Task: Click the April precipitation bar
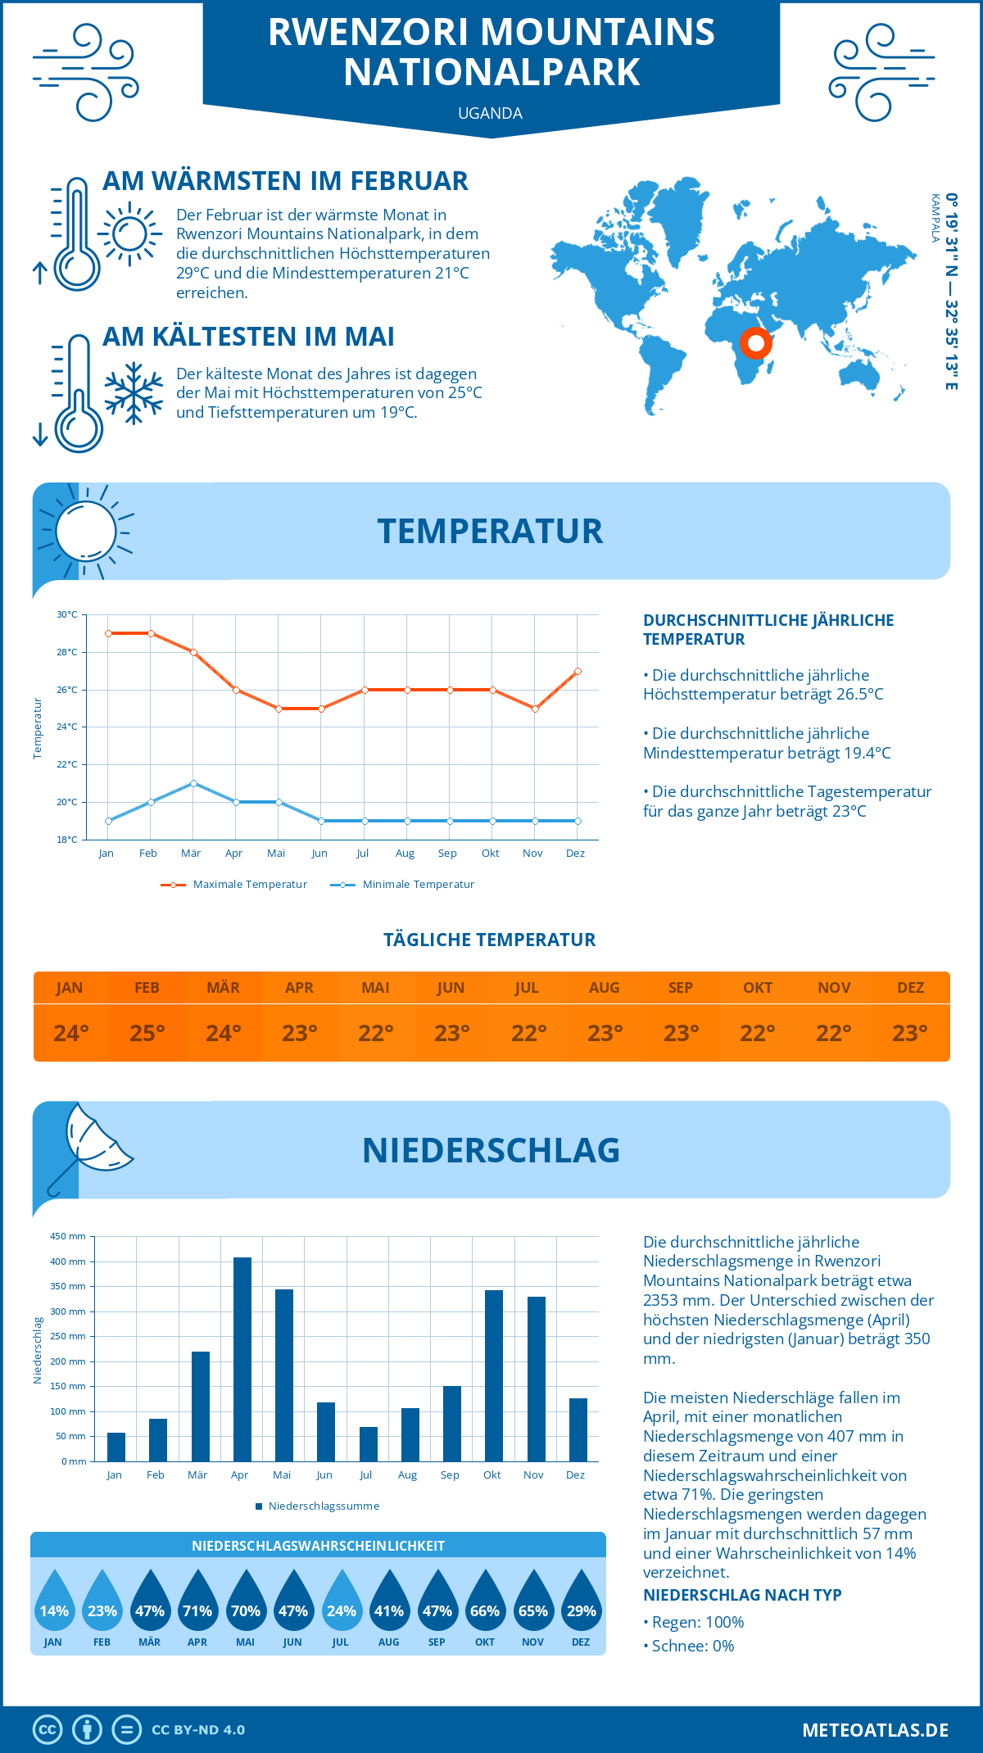click(242, 1360)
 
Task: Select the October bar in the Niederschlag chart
click(494, 1376)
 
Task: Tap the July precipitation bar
click(369, 1444)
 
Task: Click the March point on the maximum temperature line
click(193, 652)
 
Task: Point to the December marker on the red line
click(578, 671)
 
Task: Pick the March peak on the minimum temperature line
click(193, 783)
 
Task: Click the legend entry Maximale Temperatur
click(234, 885)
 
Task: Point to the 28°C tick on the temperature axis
click(67, 652)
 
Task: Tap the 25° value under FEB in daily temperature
click(147, 1033)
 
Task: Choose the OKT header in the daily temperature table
click(757, 987)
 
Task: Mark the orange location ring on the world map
click(755, 342)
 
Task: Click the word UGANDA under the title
click(490, 113)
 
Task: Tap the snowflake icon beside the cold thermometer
click(134, 392)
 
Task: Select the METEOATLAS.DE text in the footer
click(875, 1730)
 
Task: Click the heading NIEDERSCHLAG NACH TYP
click(741, 1595)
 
